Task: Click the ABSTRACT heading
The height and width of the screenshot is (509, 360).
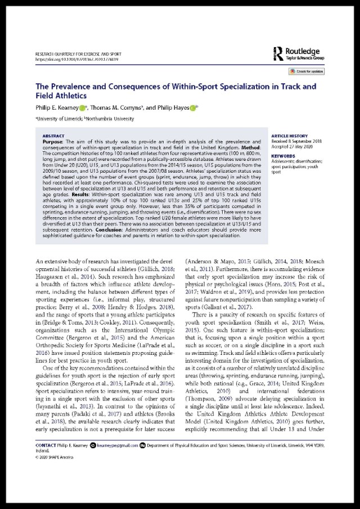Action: tap(53, 136)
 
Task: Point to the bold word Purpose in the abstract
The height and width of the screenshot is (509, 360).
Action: tap(53, 142)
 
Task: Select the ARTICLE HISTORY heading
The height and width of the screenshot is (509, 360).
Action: tap(288, 137)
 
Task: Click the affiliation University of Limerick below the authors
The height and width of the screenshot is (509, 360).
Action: tap(58, 120)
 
